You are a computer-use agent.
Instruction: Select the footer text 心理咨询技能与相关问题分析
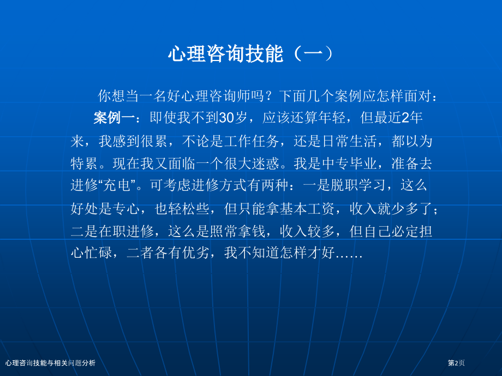[x=50, y=363]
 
